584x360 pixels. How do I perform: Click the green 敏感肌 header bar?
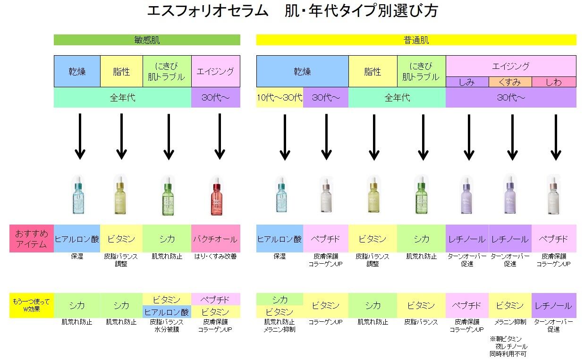147,40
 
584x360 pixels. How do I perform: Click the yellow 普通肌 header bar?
416,40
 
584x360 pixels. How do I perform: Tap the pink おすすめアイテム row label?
31,239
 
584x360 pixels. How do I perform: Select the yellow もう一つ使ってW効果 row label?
31,305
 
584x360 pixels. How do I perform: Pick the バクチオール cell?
215,239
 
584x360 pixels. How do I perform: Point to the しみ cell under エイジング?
467,82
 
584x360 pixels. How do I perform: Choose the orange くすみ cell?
510,82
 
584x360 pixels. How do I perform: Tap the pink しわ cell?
554,82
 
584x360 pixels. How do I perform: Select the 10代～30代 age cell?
279,98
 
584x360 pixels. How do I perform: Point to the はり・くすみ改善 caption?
215,257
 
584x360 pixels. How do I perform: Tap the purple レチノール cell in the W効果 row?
554,305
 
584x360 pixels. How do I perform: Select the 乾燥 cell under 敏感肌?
77,71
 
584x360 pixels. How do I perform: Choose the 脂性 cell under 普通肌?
372,71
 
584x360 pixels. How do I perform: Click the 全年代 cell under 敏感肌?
122,98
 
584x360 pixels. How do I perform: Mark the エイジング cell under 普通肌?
511,66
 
